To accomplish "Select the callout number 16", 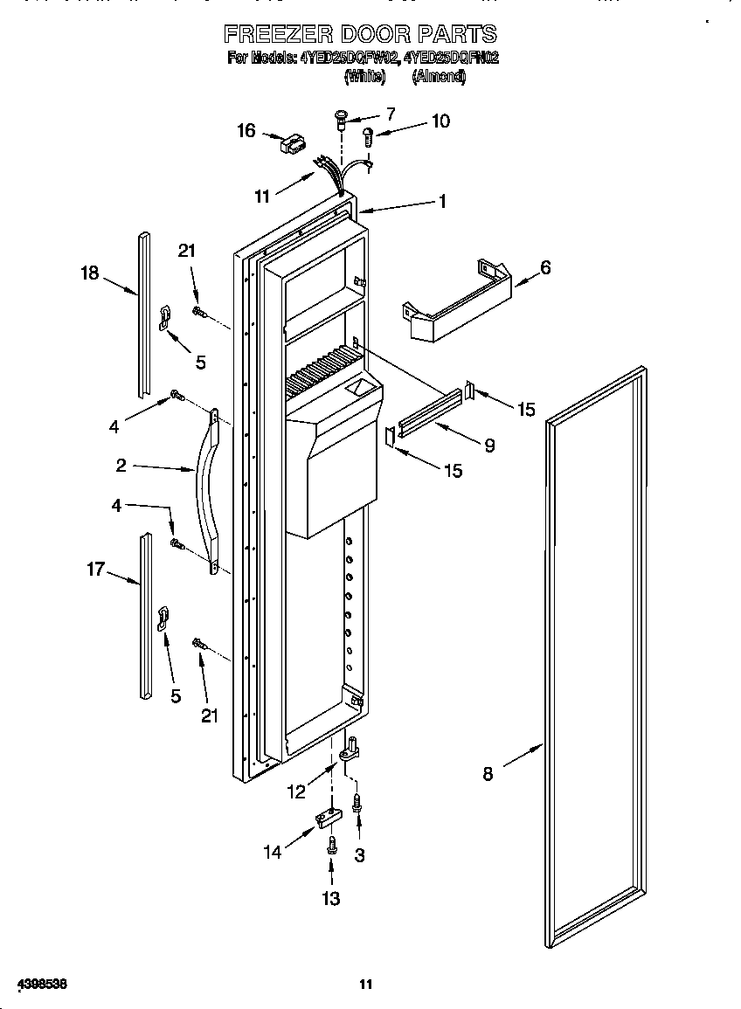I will pos(246,130).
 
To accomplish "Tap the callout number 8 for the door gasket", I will pos(488,772).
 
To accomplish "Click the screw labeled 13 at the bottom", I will pos(332,845).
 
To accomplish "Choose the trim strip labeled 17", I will pos(145,617).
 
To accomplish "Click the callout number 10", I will pos(440,121).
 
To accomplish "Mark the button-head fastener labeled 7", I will pos(342,117).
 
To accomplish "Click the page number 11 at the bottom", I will pos(366,985).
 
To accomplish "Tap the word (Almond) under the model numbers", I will pos(440,76).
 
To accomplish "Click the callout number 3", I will pos(359,854).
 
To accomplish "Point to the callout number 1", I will pos(442,201).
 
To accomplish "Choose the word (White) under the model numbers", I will pos(364,76).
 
